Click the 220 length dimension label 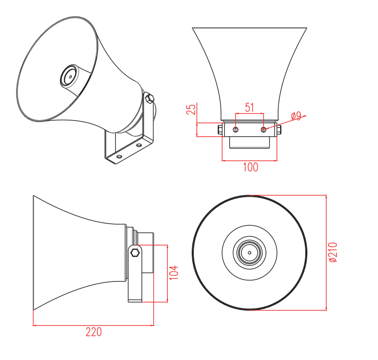coord(94,332)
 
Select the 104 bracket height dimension coord(174,272)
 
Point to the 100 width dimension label coord(250,167)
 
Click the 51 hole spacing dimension coord(249,107)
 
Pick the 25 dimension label coord(191,109)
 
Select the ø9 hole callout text coord(296,115)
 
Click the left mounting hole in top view coord(236,129)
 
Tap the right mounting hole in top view coord(264,129)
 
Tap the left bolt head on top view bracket coord(220,129)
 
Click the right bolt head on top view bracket coord(279,129)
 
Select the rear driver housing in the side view coord(146,252)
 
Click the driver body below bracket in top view coord(249,142)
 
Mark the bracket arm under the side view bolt coord(135,277)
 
